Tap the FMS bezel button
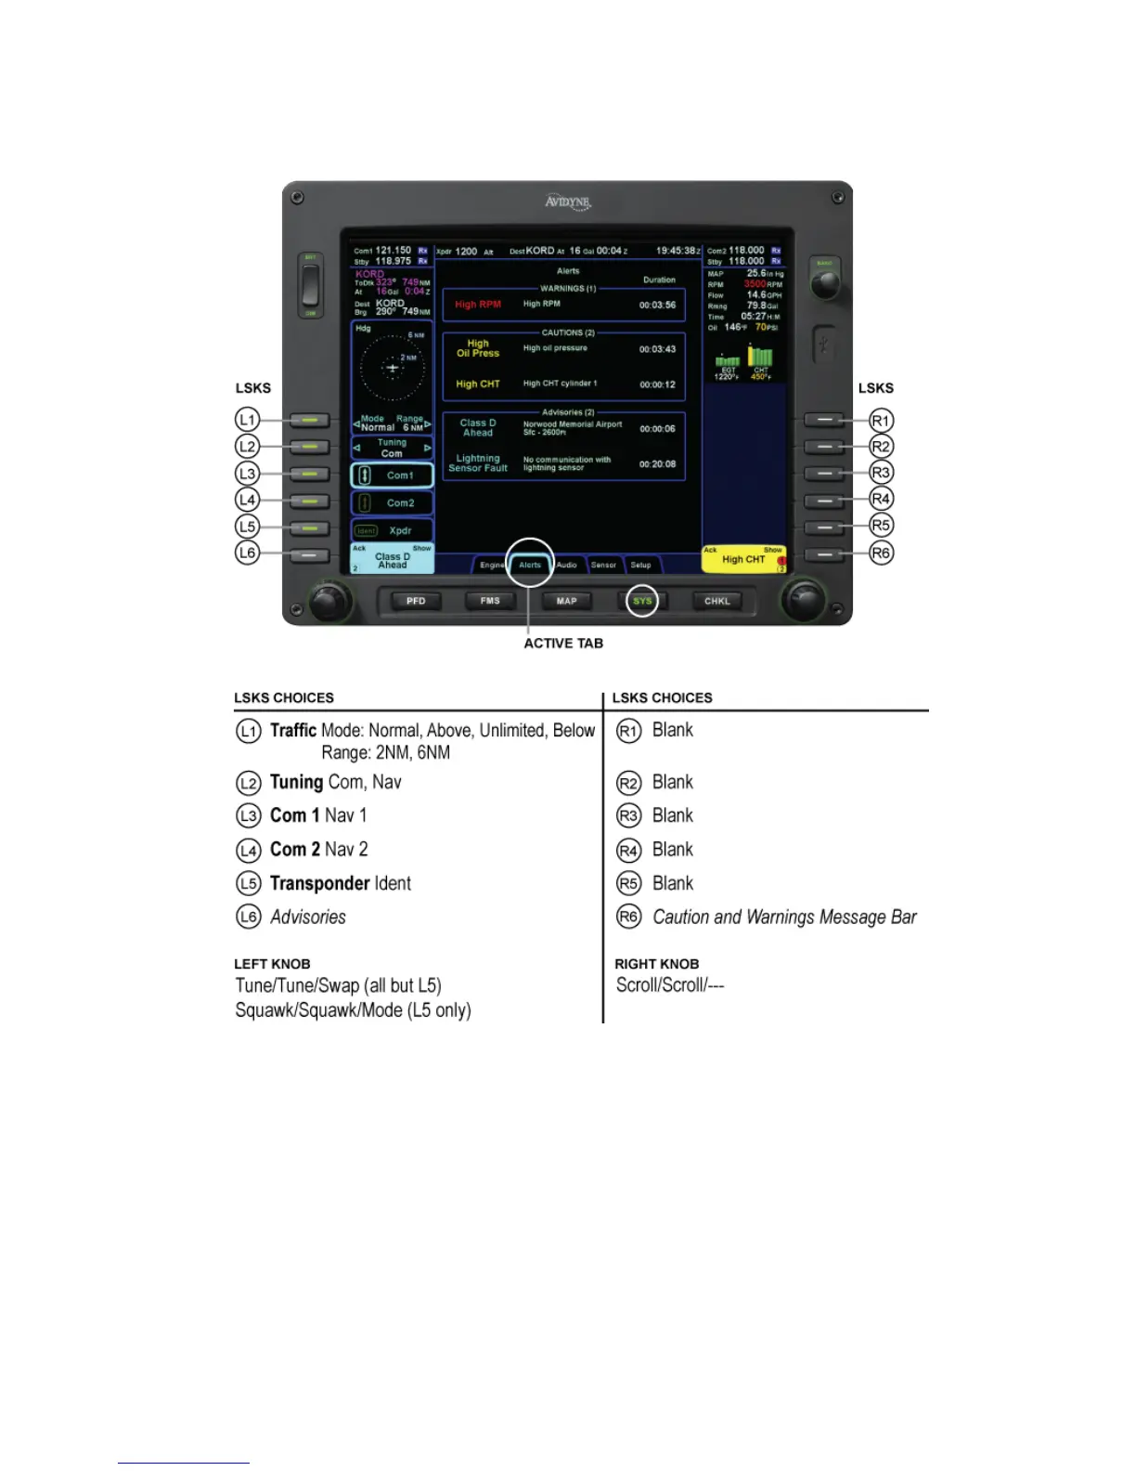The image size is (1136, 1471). pyautogui.click(x=490, y=601)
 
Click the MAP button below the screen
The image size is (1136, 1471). pyautogui.click(x=566, y=601)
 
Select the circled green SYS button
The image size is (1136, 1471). pyautogui.click(x=642, y=601)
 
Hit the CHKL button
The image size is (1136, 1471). pyautogui.click(x=717, y=601)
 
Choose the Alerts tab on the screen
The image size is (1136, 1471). pyautogui.click(x=530, y=565)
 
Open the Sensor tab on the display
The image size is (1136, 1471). pyautogui.click(x=603, y=565)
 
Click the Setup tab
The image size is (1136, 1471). pyautogui.click(x=640, y=565)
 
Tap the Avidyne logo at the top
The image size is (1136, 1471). pyautogui.click(x=567, y=202)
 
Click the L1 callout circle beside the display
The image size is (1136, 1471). pyautogui.click(x=247, y=420)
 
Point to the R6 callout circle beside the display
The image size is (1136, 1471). pyautogui.click(x=881, y=553)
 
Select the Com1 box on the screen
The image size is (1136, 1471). pyautogui.click(x=393, y=475)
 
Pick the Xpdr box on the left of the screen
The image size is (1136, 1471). pyautogui.click(x=393, y=531)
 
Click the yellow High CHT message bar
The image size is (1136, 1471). pyautogui.click(x=743, y=559)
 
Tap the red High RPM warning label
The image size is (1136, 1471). pyautogui.click(x=478, y=305)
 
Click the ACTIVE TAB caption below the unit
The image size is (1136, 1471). pyautogui.click(x=563, y=644)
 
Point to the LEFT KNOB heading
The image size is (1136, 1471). pyautogui.click(x=272, y=964)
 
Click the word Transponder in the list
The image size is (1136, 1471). pyautogui.click(x=319, y=883)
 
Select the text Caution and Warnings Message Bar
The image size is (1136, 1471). pyautogui.click(x=784, y=918)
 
